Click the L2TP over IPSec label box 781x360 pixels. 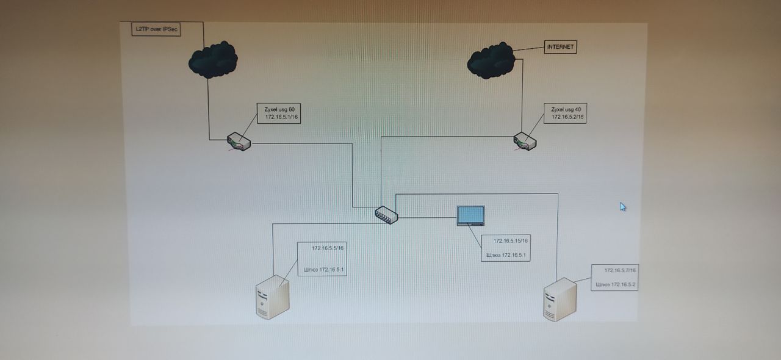[x=156, y=29]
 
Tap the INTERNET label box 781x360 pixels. [x=560, y=47]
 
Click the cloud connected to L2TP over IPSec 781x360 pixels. [x=212, y=60]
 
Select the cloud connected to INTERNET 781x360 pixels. [x=491, y=60]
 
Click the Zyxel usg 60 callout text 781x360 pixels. [x=279, y=109]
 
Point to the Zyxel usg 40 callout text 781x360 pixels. [x=566, y=109]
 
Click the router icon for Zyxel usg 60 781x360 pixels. [x=239, y=142]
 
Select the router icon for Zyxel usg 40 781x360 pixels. [x=524, y=142]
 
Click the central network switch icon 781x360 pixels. [x=386, y=214]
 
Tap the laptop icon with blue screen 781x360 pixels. [x=471, y=216]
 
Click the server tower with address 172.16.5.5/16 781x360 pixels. [x=272, y=297]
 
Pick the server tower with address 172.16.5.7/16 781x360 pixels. [x=560, y=299]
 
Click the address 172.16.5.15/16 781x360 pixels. [x=511, y=241]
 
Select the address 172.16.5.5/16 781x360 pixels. [x=328, y=248]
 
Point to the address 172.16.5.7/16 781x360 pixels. [x=621, y=270]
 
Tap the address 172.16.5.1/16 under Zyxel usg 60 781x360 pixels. [x=281, y=117]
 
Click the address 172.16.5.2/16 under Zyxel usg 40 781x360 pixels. [x=567, y=117]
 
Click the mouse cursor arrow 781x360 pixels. [x=622, y=206]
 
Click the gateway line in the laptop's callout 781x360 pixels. [x=506, y=255]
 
